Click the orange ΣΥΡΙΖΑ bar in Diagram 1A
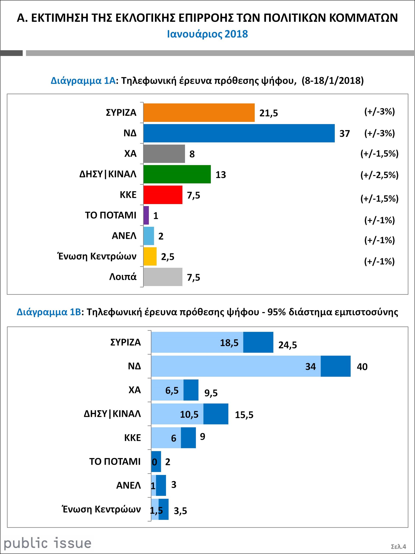199,113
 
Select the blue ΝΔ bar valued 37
239,133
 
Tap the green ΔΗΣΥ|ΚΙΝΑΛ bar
177,174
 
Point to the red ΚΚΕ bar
163,195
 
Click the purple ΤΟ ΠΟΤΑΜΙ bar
146,215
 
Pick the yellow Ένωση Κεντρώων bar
150,256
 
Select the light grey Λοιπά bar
163,277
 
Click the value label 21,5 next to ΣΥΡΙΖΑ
268,113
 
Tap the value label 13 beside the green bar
221,175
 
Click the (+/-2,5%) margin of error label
379,175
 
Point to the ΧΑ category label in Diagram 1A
130,153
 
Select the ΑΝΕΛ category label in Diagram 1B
129,485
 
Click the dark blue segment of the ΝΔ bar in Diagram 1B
335,366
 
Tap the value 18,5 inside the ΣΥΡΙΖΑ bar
229,343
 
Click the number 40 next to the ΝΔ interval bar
362,367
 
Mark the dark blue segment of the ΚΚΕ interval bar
188,438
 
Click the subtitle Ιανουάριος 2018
207,34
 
